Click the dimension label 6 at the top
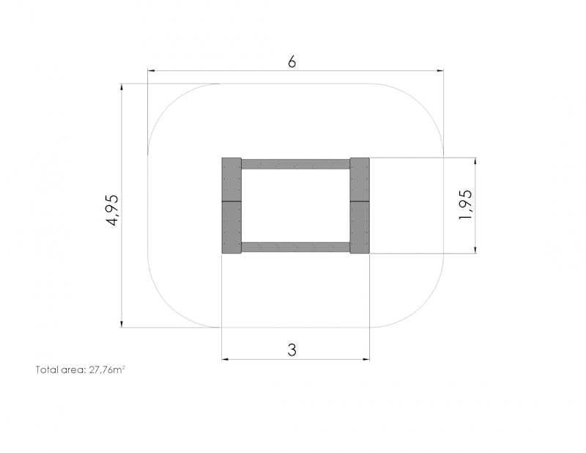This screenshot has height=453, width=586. click(x=292, y=62)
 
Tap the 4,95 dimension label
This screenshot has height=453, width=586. click(x=113, y=210)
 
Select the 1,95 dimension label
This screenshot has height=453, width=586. click(x=466, y=205)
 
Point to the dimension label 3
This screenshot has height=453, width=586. click(x=292, y=350)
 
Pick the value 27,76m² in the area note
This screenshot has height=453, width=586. click(x=107, y=369)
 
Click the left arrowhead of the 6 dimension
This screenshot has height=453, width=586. click(x=151, y=70)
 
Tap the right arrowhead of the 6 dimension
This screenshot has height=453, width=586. click(x=440, y=70)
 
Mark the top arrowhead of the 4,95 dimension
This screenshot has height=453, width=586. click(x=122, y=87)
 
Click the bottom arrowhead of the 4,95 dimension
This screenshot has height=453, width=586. click(x=122, y=324)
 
